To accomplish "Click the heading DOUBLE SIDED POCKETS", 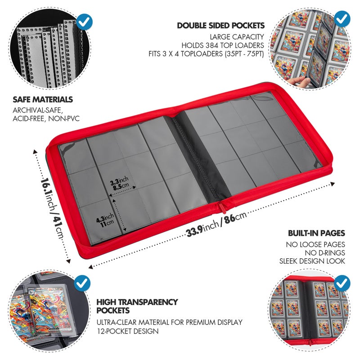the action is (x=220, y=26).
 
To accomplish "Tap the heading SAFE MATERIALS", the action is (x=43, y=99).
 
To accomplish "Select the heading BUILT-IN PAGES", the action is (x=317, y=233).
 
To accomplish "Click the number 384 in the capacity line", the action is (x=213, y=45).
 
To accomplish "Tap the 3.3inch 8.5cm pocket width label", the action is (x=119, y=184).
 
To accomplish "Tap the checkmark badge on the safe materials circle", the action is (x=85, y=22).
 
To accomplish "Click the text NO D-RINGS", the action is (x=325, y=253).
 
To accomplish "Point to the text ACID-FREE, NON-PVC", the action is (x=46, y=119).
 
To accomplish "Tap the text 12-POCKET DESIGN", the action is (x=127, y=331).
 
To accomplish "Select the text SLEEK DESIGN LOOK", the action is (x=312, y=261).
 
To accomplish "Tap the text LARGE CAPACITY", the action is (x=237, y=37).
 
